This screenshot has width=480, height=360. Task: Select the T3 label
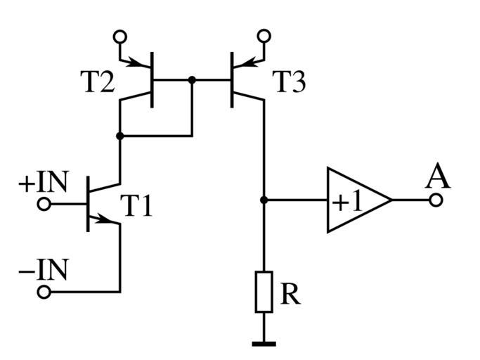coord(289,84)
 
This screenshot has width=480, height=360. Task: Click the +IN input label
coord(43,183)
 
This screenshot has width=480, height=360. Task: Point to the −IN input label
coord(43,270)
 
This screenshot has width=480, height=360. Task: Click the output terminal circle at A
coord(436,200)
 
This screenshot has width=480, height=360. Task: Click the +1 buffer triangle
coord(354,200)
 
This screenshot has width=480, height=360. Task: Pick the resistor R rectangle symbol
coord(264,291)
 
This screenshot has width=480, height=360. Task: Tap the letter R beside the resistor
coord(290,295)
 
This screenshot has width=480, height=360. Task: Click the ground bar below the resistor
coord(264,344)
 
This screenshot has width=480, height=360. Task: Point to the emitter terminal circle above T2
coord(120,35)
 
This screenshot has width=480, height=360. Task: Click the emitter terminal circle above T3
coord(264,35)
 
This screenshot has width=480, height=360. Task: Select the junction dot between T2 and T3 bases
coord(192,80)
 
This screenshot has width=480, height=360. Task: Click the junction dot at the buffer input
coord(264,200)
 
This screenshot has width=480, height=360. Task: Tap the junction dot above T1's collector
coord(120,135)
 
